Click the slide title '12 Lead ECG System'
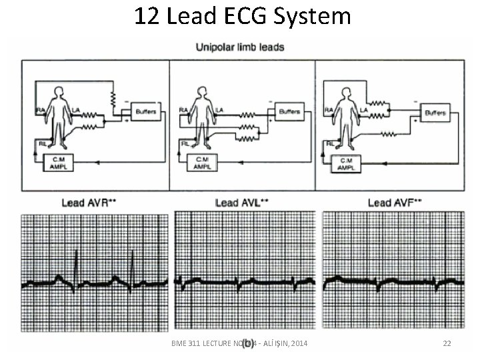tap(242, 15)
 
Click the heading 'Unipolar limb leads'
tap(240, 47)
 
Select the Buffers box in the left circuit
tap(143, 111)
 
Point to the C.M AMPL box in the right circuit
tap(347, 163)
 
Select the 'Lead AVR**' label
tap(91, 202)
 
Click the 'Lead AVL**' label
tap(241, 202)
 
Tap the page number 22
tap(447, 343)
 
